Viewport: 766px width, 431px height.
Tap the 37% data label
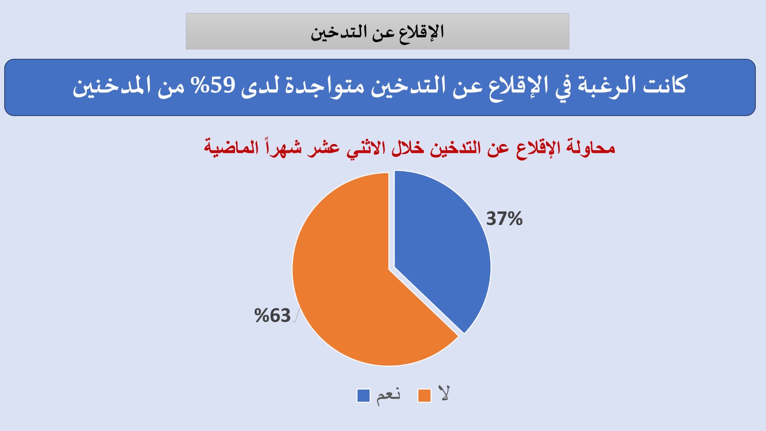(x=504, y=219)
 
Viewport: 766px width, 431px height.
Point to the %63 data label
(x=272, y=316)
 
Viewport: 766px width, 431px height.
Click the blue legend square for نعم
(x=363, y=396)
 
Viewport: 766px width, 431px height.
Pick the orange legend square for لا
(x=424, y=396)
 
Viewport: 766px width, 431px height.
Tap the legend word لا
(x=444, y=394)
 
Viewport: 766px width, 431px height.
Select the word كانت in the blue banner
(x=665, y=86)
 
